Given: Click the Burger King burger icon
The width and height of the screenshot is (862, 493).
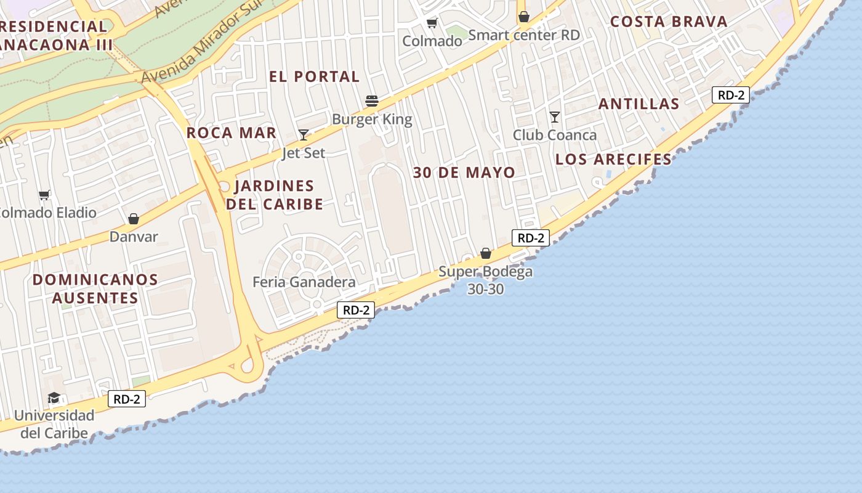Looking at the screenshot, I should coord(371,100).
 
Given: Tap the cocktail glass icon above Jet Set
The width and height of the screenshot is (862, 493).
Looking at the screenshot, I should coord(304,134).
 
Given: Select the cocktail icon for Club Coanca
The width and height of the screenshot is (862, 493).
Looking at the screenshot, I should coord(555,116).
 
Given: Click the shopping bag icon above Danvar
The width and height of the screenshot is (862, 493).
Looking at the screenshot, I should coord(134,218).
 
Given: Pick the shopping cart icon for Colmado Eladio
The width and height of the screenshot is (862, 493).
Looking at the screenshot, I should coord(44,195).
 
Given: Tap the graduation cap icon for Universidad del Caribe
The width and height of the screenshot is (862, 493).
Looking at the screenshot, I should coord(54,397).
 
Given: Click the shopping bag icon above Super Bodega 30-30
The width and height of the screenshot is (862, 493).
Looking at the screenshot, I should coord(486,253).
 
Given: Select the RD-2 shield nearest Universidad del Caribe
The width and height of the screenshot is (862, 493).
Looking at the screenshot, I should coord(127,399).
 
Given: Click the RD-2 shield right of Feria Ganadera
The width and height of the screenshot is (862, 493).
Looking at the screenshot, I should coord(356,310).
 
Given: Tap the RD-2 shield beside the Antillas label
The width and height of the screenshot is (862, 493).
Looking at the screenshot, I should coord(731,95).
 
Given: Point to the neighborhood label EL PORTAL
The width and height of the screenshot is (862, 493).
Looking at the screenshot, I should coord(314,76).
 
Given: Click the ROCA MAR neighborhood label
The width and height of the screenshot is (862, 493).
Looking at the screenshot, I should coord(232,132).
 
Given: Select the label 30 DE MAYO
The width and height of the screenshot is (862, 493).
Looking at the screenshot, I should coord(464,173).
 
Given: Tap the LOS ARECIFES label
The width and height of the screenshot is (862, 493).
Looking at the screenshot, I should coord(613,159).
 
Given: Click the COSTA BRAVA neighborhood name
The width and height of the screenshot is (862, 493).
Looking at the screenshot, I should coord(669,22).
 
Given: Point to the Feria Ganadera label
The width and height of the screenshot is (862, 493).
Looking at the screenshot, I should coord(304,282).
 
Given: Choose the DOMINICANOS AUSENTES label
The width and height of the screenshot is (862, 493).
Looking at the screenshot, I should coord(95,288).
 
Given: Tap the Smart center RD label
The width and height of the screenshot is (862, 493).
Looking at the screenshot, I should coord(524,35).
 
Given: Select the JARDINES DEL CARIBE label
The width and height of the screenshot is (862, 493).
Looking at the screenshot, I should coord(275,195).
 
